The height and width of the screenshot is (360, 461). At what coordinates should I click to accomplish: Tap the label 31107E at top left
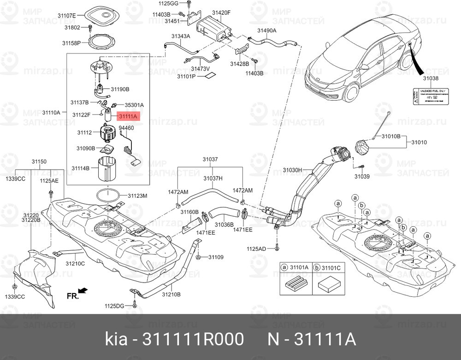(x=66, y=15)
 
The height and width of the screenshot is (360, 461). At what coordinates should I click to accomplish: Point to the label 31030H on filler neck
(x=292, y=170)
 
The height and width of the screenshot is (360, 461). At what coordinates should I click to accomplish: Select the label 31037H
(x=213, y=177)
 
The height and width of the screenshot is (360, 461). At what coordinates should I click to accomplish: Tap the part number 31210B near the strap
(x=171, y=294)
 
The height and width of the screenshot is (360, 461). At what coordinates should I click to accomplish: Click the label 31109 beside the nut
(x=215, y=257)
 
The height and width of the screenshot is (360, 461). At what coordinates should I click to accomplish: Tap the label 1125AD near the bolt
(x=256, y=249)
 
